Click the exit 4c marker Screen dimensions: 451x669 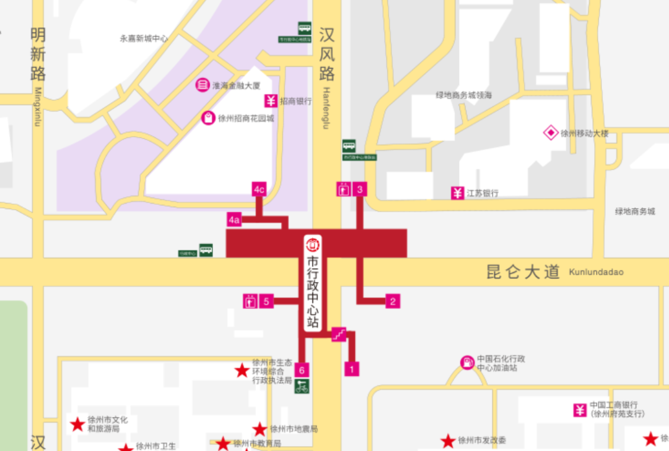pyautogui.click(x=259, y=189)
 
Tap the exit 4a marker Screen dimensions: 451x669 pyautogui.click(x=234, y=220)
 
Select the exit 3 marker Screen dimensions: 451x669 pyautogui.click(x=361, y=189)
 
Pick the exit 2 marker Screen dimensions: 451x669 pyautogui.click(x=392, y=301)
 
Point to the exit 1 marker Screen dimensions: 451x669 pyautogui.click(x=352, y=369)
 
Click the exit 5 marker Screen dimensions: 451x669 pyautogui.click(x=266, y=301)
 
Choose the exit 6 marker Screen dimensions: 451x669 pyautogui.click(x=302, y=370)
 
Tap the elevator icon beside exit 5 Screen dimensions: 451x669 pyautogui.click(x=250, y=301)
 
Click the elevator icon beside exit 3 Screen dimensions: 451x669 pyautogui.click(x=343, y=189)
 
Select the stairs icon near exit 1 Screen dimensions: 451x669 pyautogui.click(x=339, y=334)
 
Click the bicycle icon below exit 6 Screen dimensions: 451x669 pyautogui.click(x=302, y=387)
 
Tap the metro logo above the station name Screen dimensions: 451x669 pyautogui.click(x=313, y=243)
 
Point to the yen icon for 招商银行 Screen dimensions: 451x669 pyautogui.click(x=271, y=101)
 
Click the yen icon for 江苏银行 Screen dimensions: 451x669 pyautogui.click(x=457, y=193)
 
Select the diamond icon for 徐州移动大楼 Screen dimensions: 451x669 pyautogui.click(x=551, y=132)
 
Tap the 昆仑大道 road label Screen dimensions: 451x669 pyautogui.click(x=523, y=272)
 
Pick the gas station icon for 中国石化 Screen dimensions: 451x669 pyautogui.click(x=467, y=363)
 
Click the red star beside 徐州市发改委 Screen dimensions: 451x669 pyautogui.click(x=448, y=440)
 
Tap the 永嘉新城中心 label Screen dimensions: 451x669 pyautogui.click(x=144, y=38)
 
